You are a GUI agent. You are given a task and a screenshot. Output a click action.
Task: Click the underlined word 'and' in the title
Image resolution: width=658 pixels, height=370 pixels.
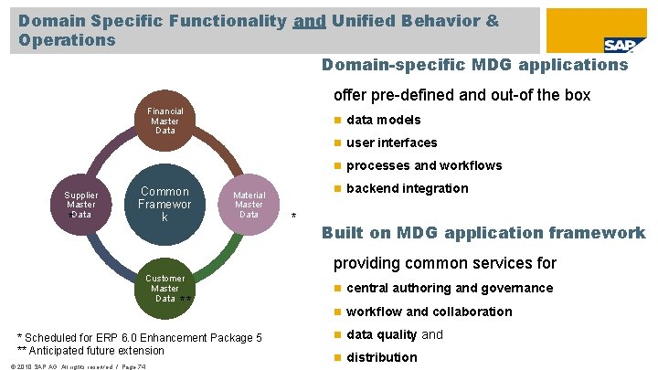(311, 19)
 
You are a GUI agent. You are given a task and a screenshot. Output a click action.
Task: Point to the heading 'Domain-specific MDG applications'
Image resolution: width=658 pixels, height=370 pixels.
(475, 65)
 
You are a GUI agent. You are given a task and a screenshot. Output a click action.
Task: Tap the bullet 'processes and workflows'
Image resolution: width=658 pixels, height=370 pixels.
(424, 165)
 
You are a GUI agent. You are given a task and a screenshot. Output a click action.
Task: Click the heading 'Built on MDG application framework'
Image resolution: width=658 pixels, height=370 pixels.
(483, 233)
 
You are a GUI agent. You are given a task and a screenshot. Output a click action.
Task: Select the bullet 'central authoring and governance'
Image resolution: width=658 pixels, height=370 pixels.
(449, 288)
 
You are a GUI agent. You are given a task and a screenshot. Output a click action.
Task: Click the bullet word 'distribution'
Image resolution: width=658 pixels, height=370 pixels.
(382, 357)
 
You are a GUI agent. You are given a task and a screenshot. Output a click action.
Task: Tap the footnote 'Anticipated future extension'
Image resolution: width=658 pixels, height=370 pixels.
(90, 351)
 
